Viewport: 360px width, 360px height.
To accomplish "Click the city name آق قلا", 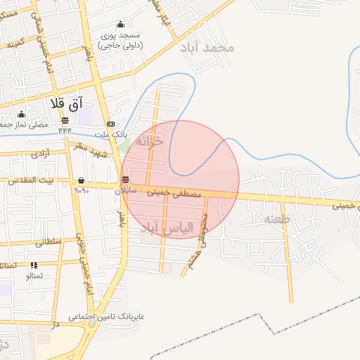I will click(67, 103).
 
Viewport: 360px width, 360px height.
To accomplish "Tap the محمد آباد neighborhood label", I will click(216, 48).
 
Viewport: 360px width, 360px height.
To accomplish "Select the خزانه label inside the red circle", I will click(149, 141).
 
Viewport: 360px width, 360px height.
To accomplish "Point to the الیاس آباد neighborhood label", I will click(162, 229).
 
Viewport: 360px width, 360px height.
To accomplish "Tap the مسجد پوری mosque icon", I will click(120, 25).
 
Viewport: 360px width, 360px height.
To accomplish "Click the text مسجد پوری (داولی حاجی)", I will click(120, 40).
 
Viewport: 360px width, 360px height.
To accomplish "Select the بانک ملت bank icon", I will click(109, 122).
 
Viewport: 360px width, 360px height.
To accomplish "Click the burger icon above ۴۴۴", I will click(65, 120).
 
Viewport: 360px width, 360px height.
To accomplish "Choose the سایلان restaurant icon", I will click(125, 179).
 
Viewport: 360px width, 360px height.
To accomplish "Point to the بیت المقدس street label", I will click(30, 181).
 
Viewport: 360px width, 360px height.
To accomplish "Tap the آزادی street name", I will click(39, 153).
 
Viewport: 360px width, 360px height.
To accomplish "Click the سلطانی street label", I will click(49, 241).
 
